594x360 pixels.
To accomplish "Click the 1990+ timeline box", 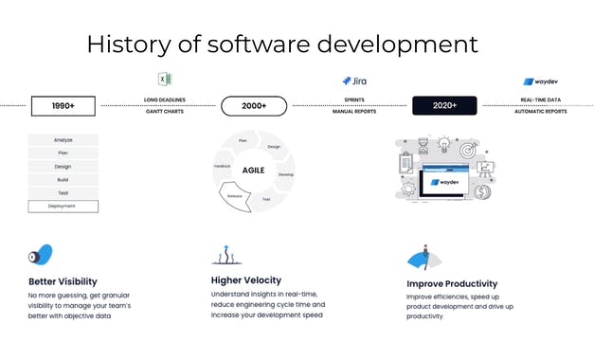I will pos(64,106).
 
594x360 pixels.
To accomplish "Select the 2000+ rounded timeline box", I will pos(253,106).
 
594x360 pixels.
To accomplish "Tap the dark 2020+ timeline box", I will pos(443,105).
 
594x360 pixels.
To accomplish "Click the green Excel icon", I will pos(165,80).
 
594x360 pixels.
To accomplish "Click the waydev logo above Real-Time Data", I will pos(540,81).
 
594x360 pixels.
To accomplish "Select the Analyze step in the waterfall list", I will pos(63,140).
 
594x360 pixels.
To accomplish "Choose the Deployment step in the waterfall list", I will pos(63,206).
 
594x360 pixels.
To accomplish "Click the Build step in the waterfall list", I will pos(63,179).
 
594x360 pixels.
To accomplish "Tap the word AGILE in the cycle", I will pos(253,171).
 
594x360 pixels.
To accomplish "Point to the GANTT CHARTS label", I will pos(165,112).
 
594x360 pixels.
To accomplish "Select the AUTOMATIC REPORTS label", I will pos(540,112).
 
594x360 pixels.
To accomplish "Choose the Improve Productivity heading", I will pos(452,283).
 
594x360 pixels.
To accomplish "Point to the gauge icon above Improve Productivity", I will pos(424,257).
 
